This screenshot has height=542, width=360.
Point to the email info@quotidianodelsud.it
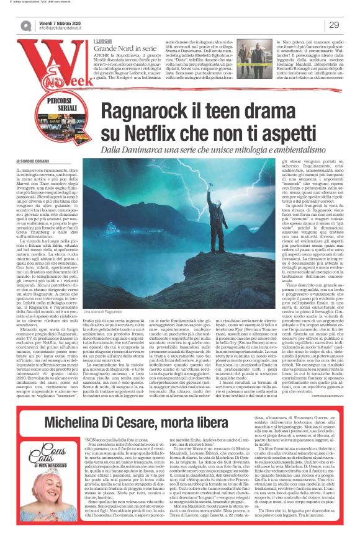click(68, 28)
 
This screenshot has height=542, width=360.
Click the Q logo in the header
click(25, 25)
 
